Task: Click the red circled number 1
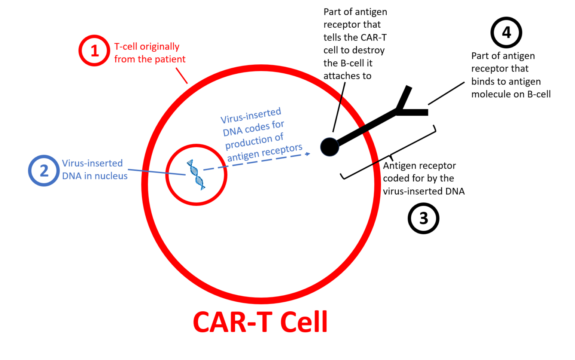pyautogui.click(x=94, y=51)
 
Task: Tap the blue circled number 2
pyautogui.click(x=44, y=171)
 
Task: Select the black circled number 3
pyautogui.click(x=423, y=219)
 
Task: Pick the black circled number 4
pyautogui.click(x=506, y=33)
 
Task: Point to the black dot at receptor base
pyautogui.click(x=329, y=147)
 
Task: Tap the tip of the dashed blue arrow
pyautogui.click(x=308, y=154)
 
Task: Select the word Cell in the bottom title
pyautogui.click(x=304, y=322)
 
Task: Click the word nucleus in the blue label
pyautogui.click(x=111, y=176)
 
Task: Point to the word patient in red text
pyautogui.click(x=170, y=59)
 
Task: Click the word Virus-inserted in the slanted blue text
pyautogui.click(x=250, y=116)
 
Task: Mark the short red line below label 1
pyautogui.click(x=182, y=76)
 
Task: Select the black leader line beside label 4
pyautogui.click(x=446, y=93)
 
